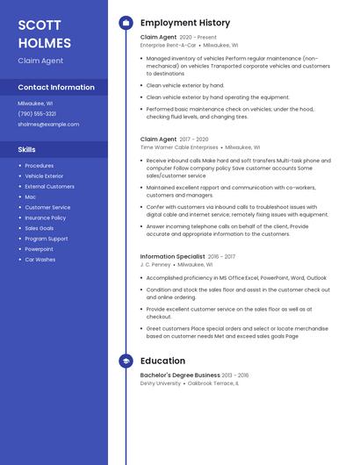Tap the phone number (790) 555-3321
(x=37, y=113)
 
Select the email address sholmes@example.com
(x=48, y=124)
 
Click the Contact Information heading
(x=56, y=87)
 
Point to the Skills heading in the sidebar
(x=27, y=149)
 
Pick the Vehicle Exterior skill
(x=44, y=175)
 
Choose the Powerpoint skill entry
(x=39, y=249)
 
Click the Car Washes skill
(x=40, y=260)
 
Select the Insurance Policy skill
(x=45, y=218)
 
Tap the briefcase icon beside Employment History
(x=126, y=23)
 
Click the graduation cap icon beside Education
(x=126, y=361)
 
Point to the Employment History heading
(x=184, y=23)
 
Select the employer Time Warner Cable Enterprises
(x=179, y=147)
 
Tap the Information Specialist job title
(x=172, y=256)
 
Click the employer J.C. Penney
(x=155, y=264)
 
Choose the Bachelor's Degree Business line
(x=180, y=376)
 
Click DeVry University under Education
(x=161, y=383)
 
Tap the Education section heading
(x=162, y=361)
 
